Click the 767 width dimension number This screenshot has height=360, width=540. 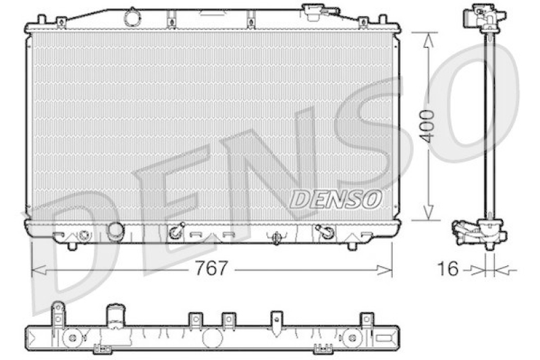(211, 268)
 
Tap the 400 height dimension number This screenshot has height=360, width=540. (428, 126)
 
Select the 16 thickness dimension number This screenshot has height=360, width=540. (448, 269)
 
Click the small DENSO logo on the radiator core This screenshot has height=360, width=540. (335, 199)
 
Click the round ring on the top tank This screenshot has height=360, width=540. (132, 18)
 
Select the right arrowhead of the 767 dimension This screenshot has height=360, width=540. (385, 270)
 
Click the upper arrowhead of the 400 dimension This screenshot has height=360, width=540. (428, 41)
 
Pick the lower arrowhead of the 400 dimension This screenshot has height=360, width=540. (428, 211)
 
